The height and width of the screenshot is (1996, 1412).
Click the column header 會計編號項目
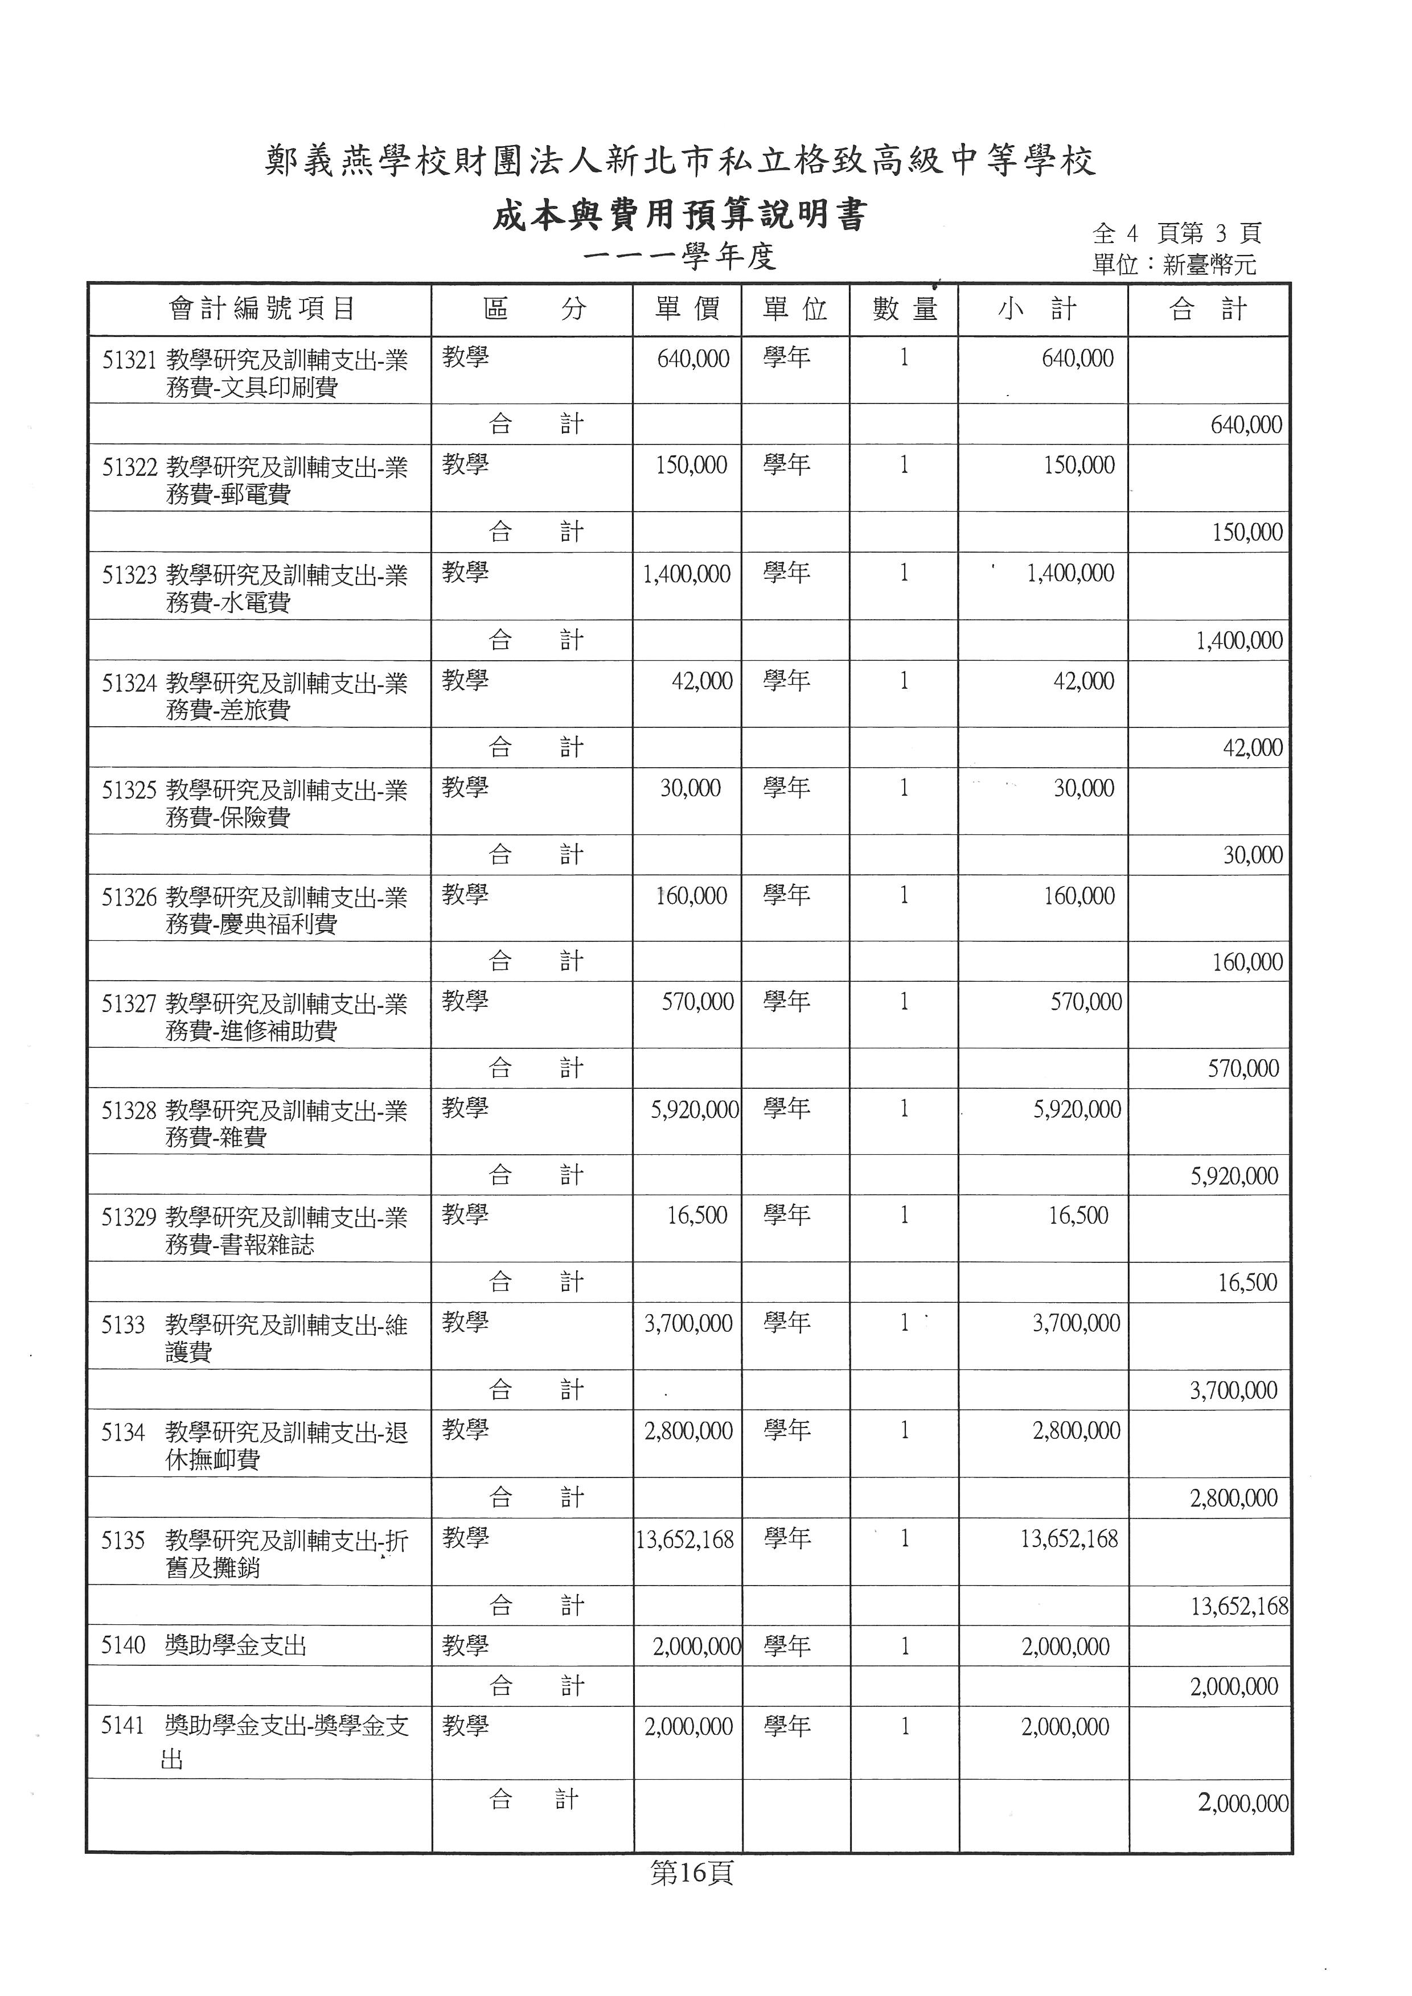[261, 308]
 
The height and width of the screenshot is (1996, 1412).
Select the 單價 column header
[687, 308]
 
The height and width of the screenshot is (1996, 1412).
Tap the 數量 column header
[904, 308]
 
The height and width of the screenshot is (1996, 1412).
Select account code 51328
[129, 1111]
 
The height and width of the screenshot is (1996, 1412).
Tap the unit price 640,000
[693, 358]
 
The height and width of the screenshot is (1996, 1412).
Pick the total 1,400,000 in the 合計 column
[1239, 641]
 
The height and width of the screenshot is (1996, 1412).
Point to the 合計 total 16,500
[1247, 1282]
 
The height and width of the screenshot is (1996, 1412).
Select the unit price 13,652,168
[685, 1540]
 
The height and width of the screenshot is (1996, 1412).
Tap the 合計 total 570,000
[1243, 1068]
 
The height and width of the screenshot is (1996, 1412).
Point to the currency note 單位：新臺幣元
[1174, 264]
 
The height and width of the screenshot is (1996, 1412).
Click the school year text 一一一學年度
[679, 257]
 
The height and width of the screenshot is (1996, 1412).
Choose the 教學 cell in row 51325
[465, 788]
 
